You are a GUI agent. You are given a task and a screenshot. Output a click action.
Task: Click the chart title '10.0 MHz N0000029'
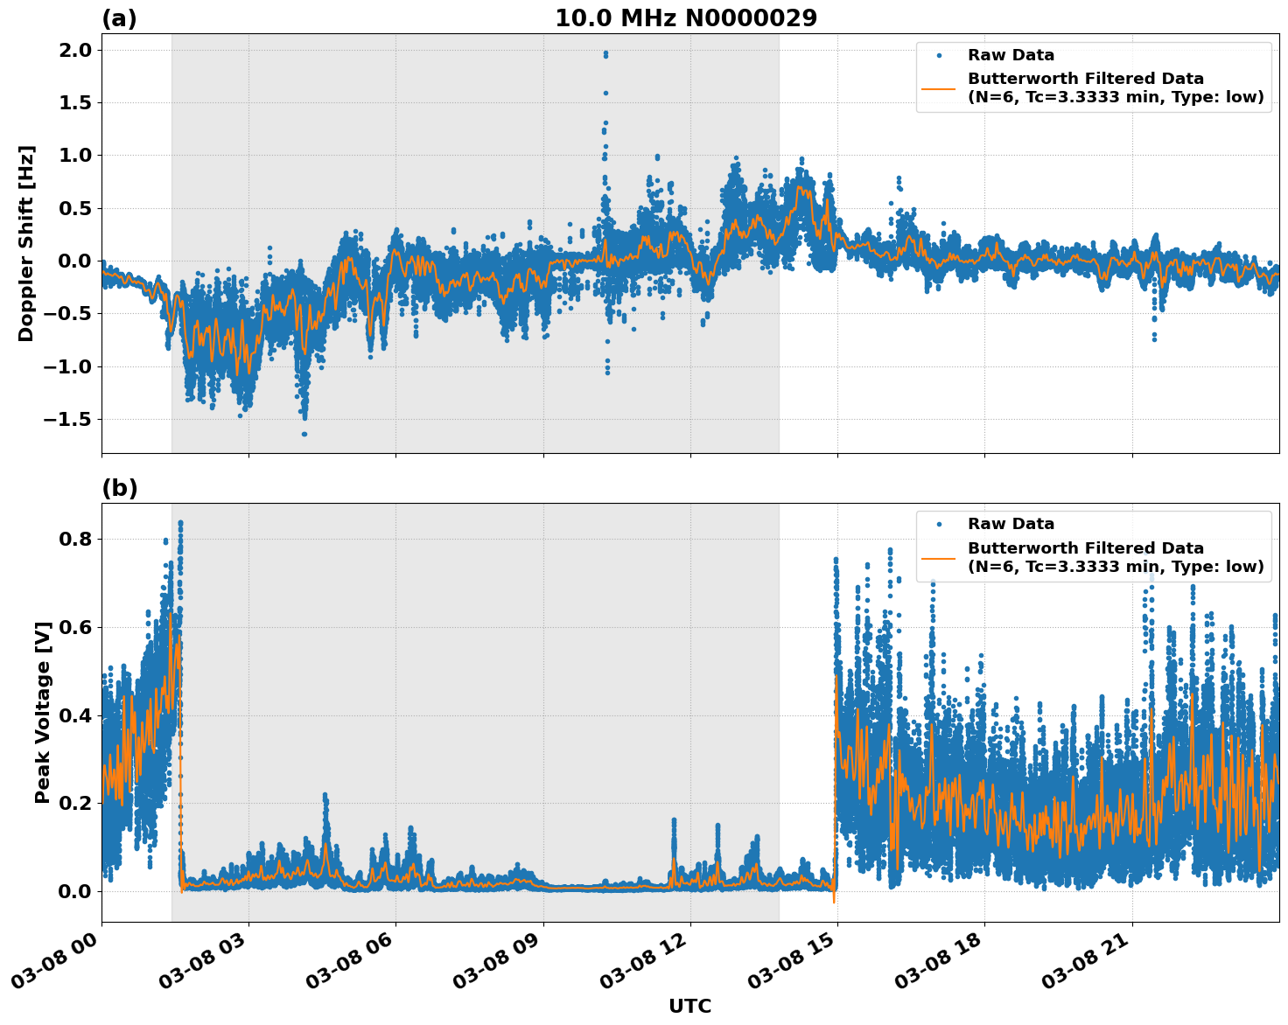pyautogui.click(x=686, y=18)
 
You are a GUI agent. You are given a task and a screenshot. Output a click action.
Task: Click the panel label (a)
pyautogui.click(x=119, y=18)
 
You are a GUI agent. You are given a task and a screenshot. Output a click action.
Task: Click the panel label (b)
pyautogui.click(x=119, y=488)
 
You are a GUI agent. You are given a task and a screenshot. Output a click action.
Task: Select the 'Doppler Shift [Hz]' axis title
pyautogui.click(x=26, y=243)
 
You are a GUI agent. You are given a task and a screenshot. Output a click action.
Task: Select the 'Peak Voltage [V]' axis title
pyautogui.click(x=43, y=712)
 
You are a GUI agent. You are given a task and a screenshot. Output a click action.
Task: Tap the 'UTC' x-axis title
pyautogui.click(x=689, y=1006)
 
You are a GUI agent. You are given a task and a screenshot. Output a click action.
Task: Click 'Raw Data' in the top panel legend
pyautogui.click(x=1011, y=55)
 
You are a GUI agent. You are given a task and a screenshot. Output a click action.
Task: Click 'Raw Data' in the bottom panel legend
pyautogui.click(x=1011, y=524)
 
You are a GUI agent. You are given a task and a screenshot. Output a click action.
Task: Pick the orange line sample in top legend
pyautogui.click(x=939, y=87)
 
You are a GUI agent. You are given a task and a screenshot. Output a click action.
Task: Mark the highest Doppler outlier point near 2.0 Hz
pyautogui.click(x=605, y=53)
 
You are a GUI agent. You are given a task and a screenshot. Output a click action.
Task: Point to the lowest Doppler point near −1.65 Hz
pyautogui.click(x=304, y=434)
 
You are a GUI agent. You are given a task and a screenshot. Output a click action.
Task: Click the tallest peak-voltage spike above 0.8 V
pyautogui.click(x=180, y=523)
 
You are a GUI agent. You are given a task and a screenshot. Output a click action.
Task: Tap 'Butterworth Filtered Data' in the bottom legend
pyautogui.click(x=1085, y=548)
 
